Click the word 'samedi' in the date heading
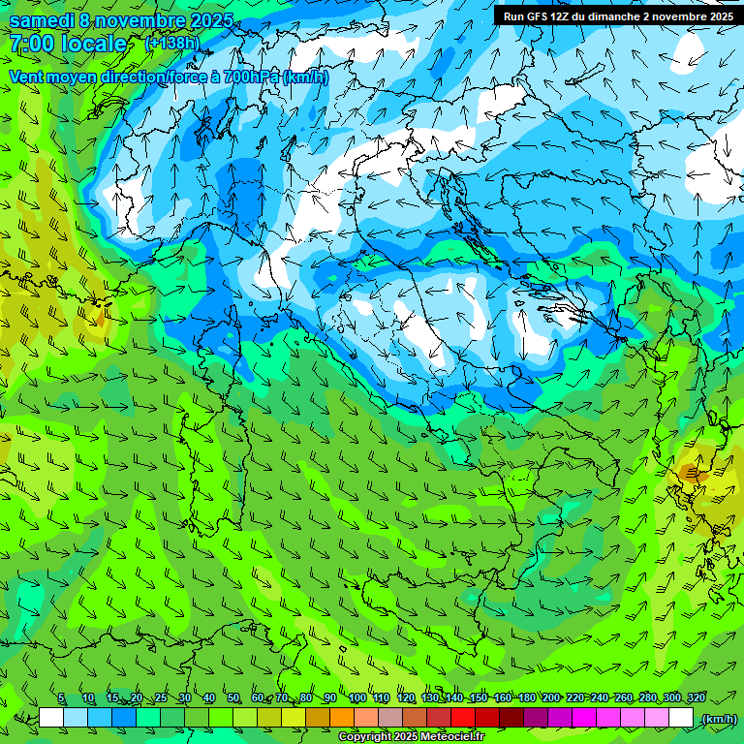(x=41, y=20)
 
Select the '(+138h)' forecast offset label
(x=171, y=43)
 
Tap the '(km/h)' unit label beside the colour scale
(x=718, y=719)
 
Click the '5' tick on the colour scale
(x=61, y=698)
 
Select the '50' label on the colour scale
(x=232, y=698)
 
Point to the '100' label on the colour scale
(x=356, y=698)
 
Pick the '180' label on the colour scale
(x=526, y=698)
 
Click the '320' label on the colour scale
(x=696, y=698)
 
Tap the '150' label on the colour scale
(x=478, y=698)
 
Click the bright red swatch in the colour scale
(x=463, y=718)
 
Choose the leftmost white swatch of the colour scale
(x=51, y=718)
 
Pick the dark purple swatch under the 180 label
(x=536, y=718)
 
